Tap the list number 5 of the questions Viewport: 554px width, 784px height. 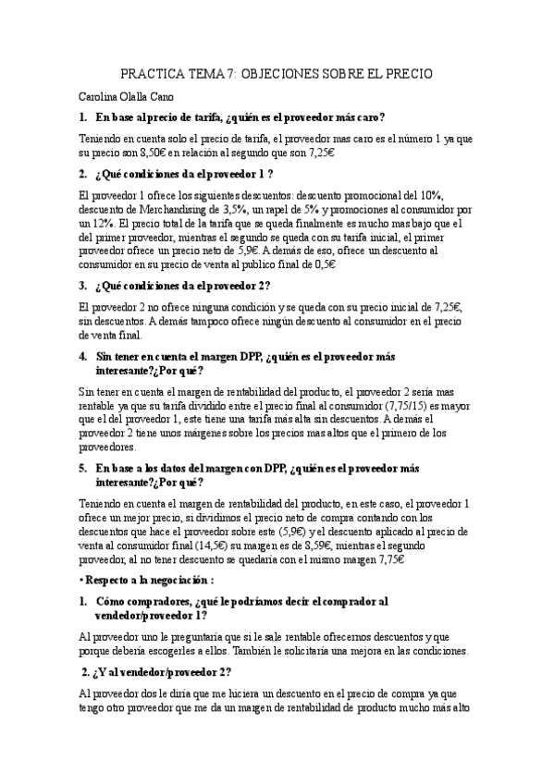pyautogui.click(x=83, y=468)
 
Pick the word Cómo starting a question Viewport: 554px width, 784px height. pyautogui.click(x=111, y=601)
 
